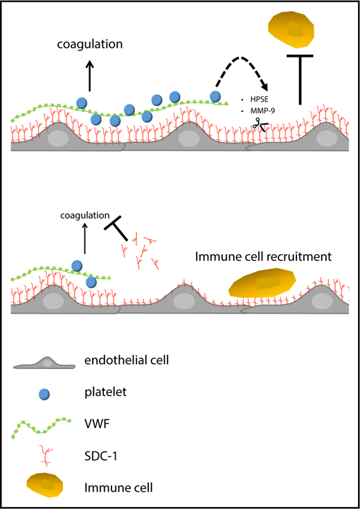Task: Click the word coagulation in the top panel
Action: pos(89,44)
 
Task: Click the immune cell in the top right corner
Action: pos(293,26)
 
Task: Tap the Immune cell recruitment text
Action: pos(263,256)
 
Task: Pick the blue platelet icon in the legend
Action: pos(46,393)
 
